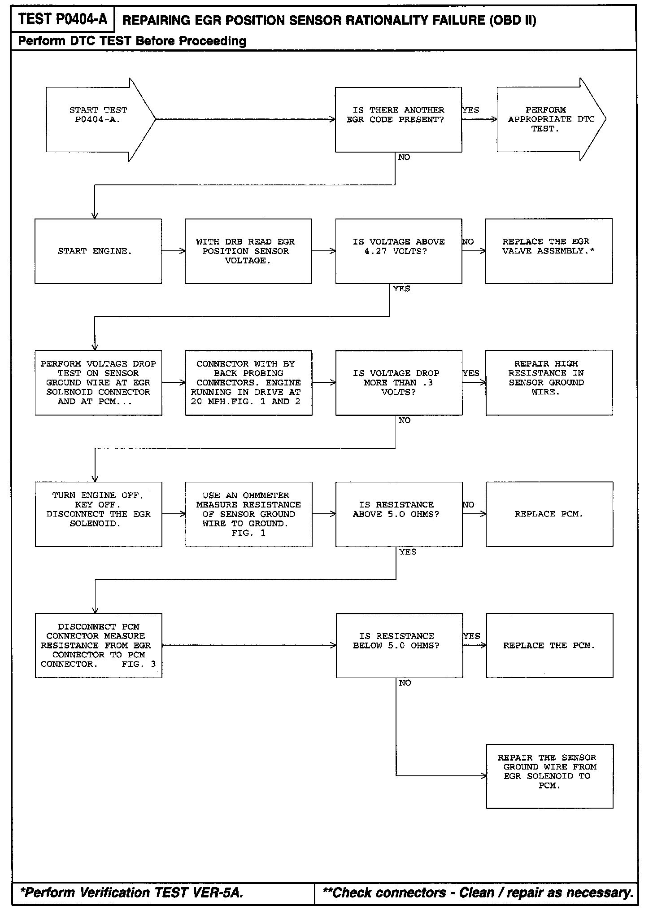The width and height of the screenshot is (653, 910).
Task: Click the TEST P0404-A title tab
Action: click(x=63, y=19)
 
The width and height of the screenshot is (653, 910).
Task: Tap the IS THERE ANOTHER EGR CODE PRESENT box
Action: click(x=398, y=119)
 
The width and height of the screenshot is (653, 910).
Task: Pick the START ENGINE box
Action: click(x=98, y=251)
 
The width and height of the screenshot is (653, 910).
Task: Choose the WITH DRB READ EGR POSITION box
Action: click(x=248, y=251)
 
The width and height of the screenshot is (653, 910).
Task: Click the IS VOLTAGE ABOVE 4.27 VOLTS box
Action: click(x=398, y=251)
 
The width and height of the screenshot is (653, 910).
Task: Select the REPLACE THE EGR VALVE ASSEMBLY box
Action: click(x=549, y=251)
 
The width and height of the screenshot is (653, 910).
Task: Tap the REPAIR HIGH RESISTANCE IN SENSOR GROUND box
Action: click(x=549, y=382)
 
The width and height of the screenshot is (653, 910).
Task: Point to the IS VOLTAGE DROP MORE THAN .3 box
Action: click(x=398, y=382)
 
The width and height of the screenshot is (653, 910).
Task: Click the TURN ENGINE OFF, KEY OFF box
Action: click(x=98, y=514)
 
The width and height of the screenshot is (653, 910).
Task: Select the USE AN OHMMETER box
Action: click(x=248, y=514)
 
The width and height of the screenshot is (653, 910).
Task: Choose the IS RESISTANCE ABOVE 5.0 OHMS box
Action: click(x=399, y=514)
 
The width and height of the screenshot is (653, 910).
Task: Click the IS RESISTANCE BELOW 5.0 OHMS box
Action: click(x=399, y=645)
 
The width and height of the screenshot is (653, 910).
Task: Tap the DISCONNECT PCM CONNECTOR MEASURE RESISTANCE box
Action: click(x=98, y=645)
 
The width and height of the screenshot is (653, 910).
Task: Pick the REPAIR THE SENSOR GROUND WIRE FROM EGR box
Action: click(x=549, y=776)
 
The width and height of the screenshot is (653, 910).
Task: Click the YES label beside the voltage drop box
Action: click(x=471, y=373)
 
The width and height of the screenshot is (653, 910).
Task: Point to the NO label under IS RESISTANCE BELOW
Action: click(x=405, y=683)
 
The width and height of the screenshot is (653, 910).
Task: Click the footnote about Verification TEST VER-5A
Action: click(x=132, y=892)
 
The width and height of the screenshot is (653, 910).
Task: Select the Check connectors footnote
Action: click(x=477, y=892)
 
